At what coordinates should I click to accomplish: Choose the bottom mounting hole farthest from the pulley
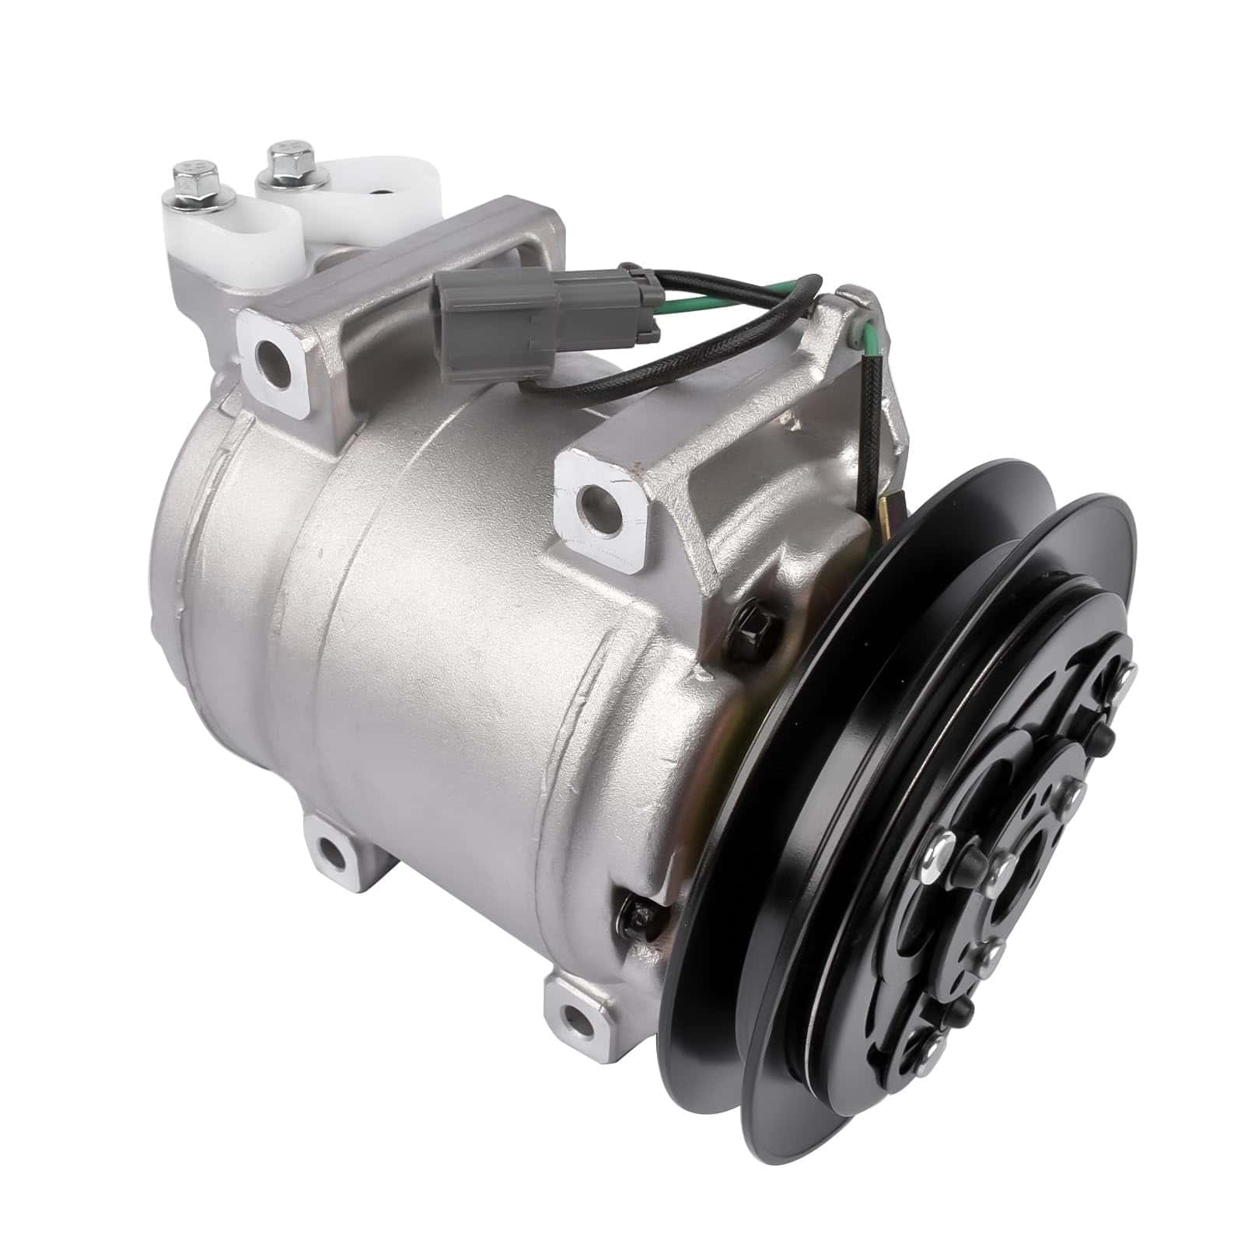pyautogui.click(x=330, y=851)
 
